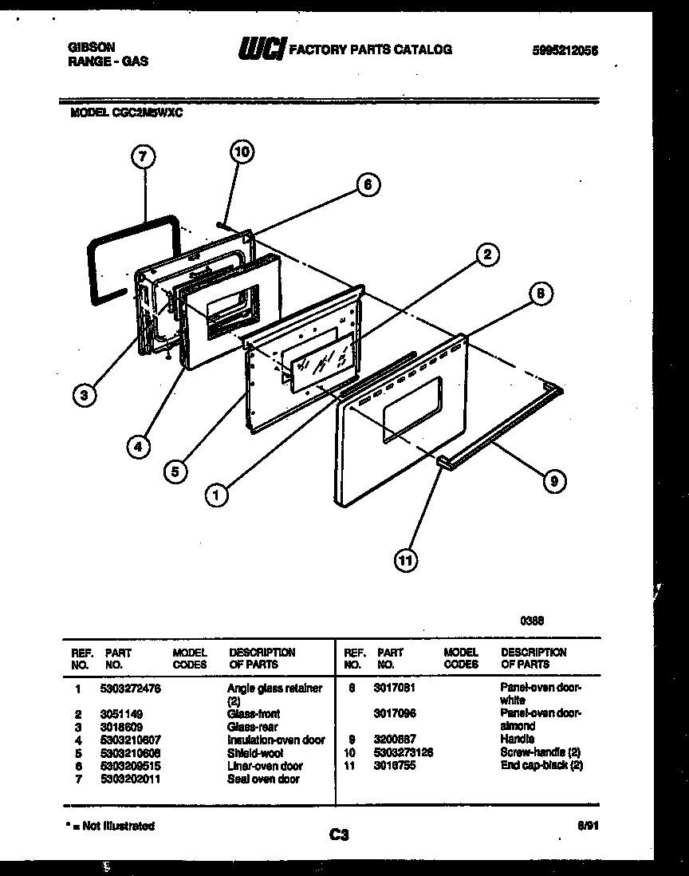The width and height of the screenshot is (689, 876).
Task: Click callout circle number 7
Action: [141, 158]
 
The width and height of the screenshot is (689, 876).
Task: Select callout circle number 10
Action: [242, 151]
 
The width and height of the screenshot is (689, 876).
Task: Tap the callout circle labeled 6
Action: [367, 184]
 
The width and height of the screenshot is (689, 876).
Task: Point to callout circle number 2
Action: [486, 255]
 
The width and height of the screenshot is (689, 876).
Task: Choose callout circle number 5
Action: [175, 472]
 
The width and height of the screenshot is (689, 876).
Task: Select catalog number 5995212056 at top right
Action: [565, 49]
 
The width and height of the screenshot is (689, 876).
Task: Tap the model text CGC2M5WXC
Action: [149, 112]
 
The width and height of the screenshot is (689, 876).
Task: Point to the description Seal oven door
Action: [263, 779]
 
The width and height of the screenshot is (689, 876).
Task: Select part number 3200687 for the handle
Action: [394, 740]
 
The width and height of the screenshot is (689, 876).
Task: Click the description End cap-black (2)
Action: [541, 765]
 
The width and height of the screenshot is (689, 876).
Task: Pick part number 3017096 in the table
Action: [394, 713]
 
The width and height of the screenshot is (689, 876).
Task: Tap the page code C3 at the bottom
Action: [339, 835]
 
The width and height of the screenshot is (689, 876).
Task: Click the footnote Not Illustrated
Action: [112, 826]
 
